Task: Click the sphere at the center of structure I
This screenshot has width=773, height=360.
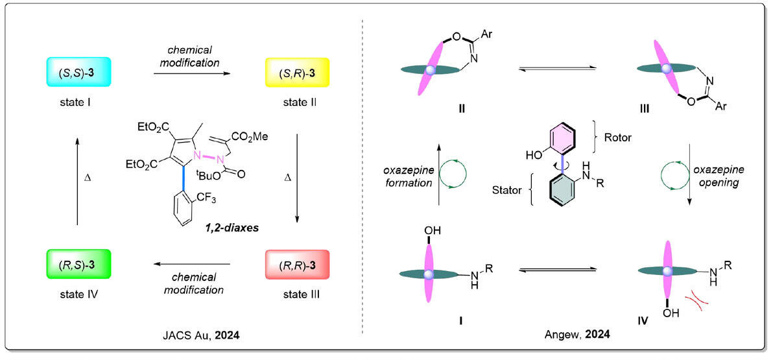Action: pyautogui.click(x=428, y=274)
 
